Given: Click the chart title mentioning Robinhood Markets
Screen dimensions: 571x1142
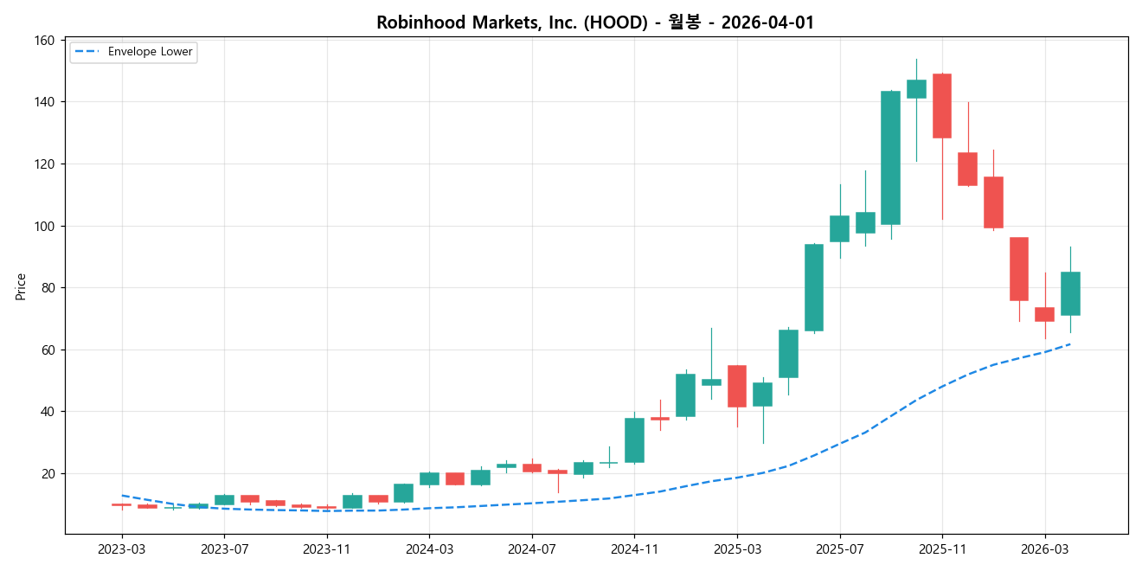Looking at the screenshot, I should tap(595, 22).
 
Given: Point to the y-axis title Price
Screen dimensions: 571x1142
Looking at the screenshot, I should tap(21, 286).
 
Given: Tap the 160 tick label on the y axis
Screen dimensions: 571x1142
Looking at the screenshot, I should tap(45, 41).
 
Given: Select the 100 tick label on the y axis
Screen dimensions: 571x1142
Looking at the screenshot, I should tap(45, 226).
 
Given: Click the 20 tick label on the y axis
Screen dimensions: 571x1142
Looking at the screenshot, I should tap(48, 473).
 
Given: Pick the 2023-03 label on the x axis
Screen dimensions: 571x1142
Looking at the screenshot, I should tap(122, 549).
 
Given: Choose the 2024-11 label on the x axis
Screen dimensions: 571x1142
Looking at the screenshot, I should tap(635, 549).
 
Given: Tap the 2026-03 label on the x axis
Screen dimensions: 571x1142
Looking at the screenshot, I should tap(1045, 549).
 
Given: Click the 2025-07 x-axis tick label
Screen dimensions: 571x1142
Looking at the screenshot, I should tap(840, 549).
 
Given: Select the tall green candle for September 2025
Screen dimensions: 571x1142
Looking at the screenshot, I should tap(891, 157).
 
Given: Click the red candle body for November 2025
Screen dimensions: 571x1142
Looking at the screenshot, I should tap(942, 106).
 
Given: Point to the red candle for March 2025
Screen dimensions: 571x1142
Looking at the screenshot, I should tap(737, 386).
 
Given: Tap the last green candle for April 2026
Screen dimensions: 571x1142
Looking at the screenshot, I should tap(1070, 293).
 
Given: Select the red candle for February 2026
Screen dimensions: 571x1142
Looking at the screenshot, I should tap(1019, 269).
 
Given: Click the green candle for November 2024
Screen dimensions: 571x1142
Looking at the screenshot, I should tap(635, 440).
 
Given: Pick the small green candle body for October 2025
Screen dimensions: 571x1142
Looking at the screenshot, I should tap(916, 89).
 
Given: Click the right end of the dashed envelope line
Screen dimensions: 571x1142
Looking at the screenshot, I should tap(1070, 343).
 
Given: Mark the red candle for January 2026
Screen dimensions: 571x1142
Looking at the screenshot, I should tap(993, 202).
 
